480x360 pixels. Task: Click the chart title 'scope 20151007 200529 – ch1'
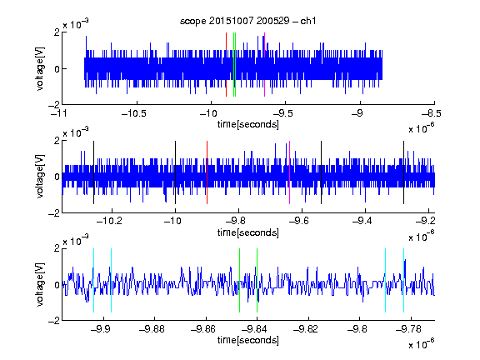coord(247,21)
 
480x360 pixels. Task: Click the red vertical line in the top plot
coord(226,65)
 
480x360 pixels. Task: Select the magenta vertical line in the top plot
coord(264,65)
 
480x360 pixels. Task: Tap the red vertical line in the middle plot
coord(207,172)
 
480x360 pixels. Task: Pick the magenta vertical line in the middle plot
coord(290,172)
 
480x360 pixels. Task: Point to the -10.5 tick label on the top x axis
coord(134,113)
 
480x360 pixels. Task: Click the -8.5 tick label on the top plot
coord(431,113)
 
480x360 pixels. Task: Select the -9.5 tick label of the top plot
coord(282,113)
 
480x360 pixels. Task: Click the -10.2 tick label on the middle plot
coord(109,221)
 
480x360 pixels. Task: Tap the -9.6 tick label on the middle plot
coord(298,221)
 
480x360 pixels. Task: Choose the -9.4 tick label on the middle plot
coord(362,221)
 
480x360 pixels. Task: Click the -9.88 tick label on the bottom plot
coord(152,329)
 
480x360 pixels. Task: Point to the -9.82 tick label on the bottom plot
coord(306,329)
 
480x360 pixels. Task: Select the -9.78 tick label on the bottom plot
coord(408,329)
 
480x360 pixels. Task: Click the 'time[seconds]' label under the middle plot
coord(248,232)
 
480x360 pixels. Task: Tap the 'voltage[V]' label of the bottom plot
coord(40,284)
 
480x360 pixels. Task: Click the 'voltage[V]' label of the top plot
coord(40,68)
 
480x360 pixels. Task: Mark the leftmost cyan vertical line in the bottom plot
coord(93,280)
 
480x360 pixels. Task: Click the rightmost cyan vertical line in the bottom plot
coord(404,280)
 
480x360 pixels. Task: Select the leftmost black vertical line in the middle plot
coord(93,172)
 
